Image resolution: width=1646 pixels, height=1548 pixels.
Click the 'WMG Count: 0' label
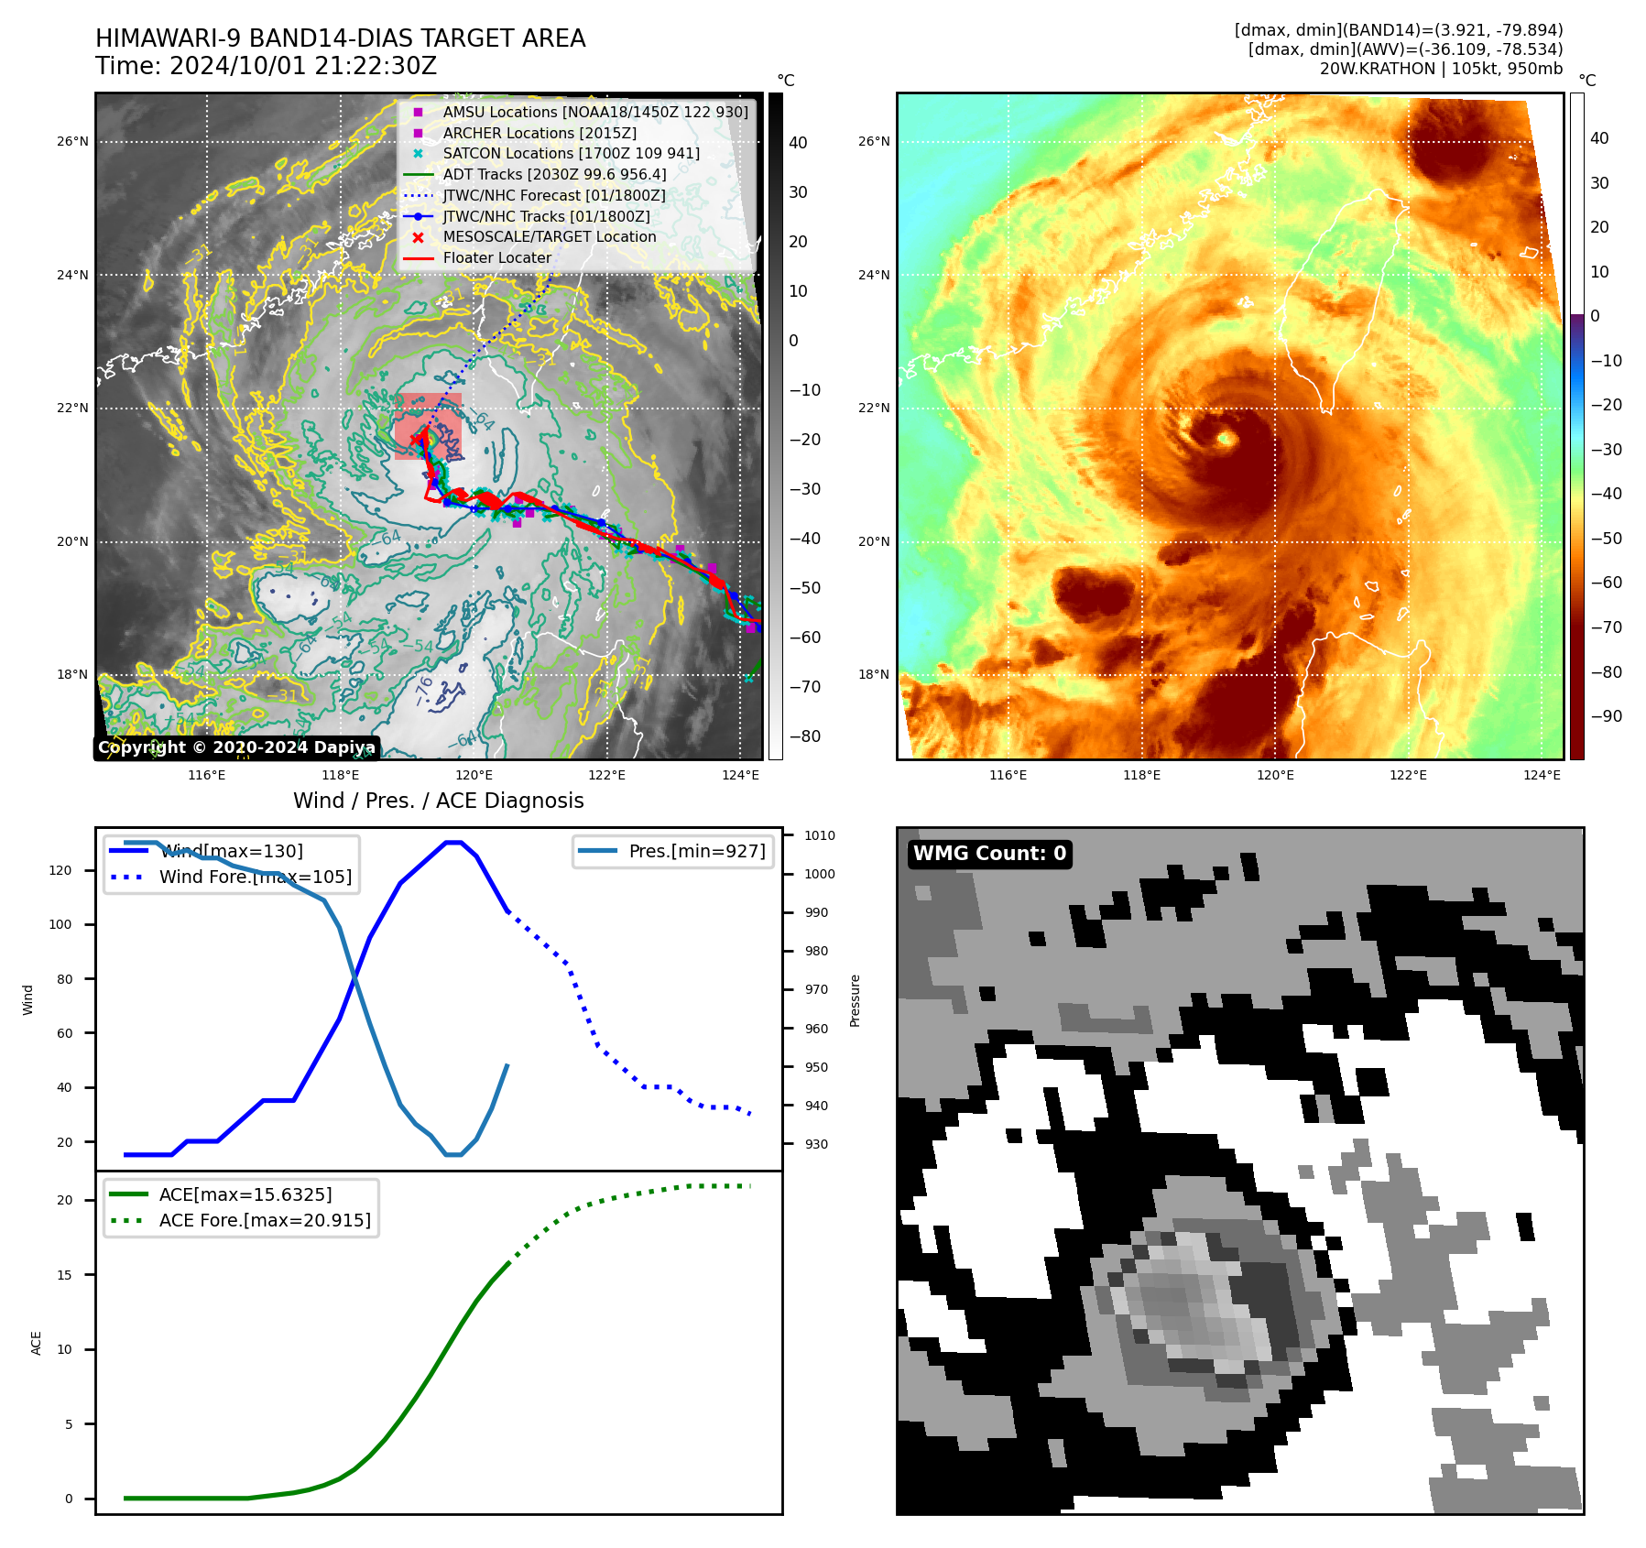[989, 854]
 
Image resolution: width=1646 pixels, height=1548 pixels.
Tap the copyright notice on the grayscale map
[236, 747]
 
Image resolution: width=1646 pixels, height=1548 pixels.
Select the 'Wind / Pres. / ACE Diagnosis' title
[438, 801]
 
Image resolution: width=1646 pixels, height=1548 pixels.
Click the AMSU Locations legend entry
[595, 112]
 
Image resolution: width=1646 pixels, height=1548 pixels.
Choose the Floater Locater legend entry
[496, 258]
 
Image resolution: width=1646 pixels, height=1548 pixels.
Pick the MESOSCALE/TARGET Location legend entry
[550, 237]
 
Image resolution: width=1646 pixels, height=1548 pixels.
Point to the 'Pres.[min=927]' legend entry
[696, 851]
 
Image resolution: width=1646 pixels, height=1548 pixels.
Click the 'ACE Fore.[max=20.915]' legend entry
[265, 1220]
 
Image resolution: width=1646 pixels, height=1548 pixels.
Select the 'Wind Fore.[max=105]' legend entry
[255, 877]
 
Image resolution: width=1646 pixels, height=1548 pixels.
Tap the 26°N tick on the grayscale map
[73, 142]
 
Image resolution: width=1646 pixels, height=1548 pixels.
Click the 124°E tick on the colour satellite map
[1542, 775]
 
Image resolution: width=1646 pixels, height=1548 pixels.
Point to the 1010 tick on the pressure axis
[820, 835]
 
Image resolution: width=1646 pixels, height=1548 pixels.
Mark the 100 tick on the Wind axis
[60, 924]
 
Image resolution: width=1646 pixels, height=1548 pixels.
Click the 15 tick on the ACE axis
[64, 1275]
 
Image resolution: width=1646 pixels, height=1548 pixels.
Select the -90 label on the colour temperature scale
[1607, 716]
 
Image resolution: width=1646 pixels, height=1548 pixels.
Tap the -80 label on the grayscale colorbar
[805, 736]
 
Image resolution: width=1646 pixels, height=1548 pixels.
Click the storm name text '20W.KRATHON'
[1377, 69]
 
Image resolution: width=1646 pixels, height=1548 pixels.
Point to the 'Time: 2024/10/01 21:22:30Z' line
[266, 66]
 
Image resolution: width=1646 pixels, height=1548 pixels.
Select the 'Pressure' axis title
[855, 1000]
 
